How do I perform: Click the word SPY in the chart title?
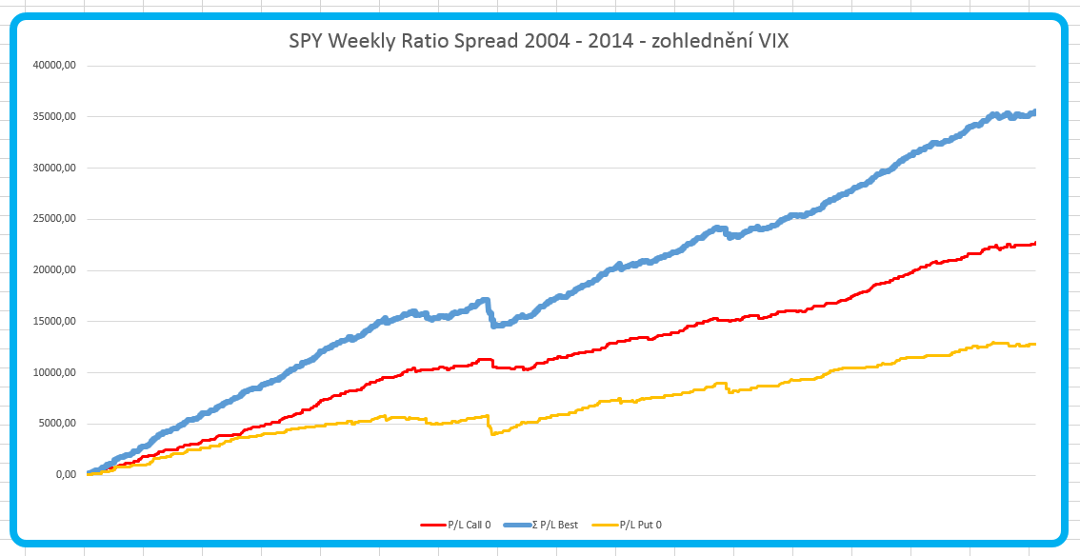click(x=306, y=43)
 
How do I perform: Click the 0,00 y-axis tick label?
click(x=66, y=475)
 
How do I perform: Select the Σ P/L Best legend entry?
click(x=554, y=525)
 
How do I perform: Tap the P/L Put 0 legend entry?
click(x=640, y=525)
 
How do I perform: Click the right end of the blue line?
click(x=1034, y=112)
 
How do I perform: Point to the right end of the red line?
click(x=1034, y=244)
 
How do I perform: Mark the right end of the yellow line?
click(x=1034, y=344)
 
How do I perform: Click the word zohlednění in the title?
click(x=692, y=43)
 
